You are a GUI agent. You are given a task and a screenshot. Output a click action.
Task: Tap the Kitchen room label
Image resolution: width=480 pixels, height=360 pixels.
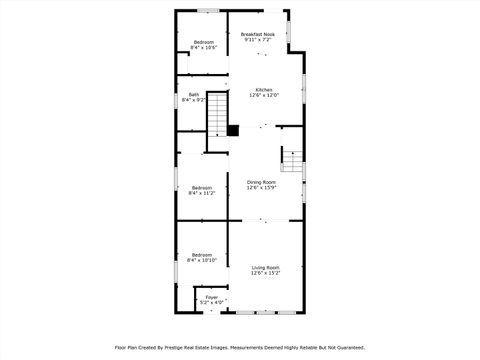264,89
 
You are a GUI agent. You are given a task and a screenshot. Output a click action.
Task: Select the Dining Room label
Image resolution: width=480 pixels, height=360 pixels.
262,181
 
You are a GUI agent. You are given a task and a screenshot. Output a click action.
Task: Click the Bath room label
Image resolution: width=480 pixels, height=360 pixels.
193,95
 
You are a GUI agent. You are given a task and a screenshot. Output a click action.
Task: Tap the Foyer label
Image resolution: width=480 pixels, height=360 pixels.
211,297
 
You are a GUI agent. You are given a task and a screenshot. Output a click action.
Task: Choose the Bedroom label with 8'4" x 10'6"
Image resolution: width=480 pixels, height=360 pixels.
204,41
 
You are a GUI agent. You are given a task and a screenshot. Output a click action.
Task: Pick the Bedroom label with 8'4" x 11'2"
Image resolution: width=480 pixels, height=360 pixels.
202,187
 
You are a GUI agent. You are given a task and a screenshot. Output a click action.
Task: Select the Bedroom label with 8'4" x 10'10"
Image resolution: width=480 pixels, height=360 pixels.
203,254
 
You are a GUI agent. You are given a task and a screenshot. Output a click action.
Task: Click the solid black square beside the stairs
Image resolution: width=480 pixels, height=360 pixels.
233,129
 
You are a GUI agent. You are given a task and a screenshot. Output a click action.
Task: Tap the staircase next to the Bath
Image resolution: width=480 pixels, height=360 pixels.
217,120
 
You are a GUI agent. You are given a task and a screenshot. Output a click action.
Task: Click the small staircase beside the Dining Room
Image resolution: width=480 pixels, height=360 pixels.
291,158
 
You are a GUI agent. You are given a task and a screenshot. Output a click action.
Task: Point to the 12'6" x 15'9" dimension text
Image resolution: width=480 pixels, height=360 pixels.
262,187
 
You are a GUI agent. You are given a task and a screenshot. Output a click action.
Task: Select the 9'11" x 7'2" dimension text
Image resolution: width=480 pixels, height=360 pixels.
258,40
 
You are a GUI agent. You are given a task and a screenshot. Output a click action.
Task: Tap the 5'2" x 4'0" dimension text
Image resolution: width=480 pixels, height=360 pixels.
211,303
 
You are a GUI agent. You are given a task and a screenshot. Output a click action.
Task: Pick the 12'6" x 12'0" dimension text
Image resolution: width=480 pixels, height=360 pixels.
264,95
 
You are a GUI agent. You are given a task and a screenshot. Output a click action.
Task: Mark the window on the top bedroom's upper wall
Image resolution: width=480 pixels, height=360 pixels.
208,11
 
